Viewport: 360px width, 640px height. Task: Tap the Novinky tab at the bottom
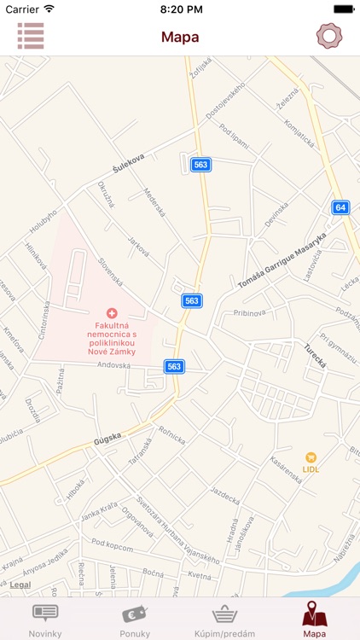[x=45, y=618]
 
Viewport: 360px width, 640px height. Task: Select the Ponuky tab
[x=135, y=618]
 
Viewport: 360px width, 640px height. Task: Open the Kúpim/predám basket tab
[x=224, y=618]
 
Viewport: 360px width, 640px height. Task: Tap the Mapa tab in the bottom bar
[x=314, y=618]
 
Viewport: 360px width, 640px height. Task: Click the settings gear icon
[x=328, y=36]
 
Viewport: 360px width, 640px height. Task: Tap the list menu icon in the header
[x=31, y=36]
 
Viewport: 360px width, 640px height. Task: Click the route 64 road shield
[x=340, y=207]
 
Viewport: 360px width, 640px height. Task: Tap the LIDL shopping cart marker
[x=311, y=457]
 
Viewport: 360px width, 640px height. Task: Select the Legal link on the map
[x=20, y=585]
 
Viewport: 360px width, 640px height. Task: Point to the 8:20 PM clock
[x=180, y=9]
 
